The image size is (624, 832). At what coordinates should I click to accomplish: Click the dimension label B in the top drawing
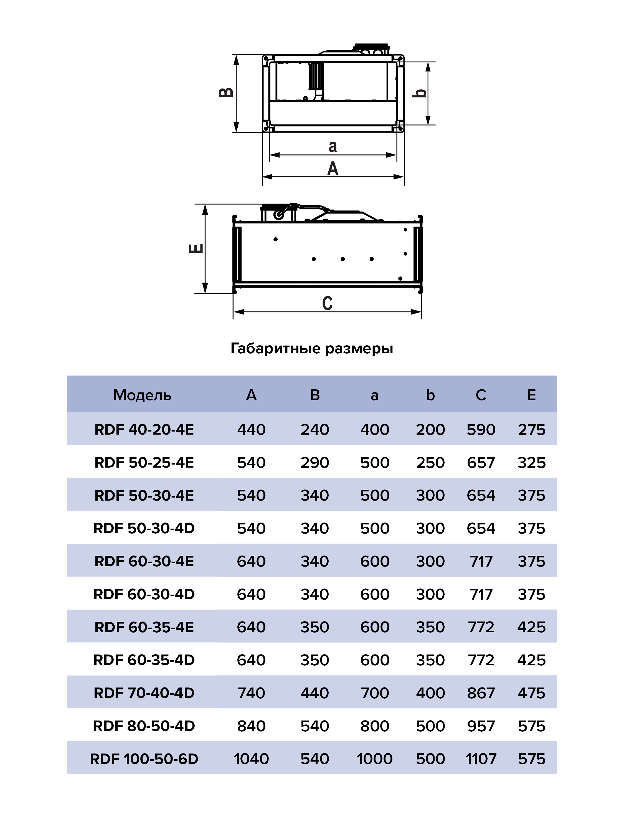coord(226,93)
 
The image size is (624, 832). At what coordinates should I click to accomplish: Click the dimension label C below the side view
coord(327,303)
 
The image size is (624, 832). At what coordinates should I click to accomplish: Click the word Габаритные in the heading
coord(275,349)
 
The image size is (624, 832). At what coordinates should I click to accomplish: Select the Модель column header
coord(142,395)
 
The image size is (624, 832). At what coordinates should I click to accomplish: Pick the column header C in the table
coord(481,395)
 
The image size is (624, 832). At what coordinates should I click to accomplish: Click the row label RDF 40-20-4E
coord(144,430)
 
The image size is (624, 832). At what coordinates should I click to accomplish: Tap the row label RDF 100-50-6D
coord(144,759)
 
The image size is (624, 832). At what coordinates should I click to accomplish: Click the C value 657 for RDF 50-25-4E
coord(481,463)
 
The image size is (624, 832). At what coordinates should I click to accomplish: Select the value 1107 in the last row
coord(481,759)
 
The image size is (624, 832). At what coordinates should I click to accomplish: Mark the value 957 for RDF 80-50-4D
coord(481,726)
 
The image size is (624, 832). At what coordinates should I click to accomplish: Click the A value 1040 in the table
coord(251,759)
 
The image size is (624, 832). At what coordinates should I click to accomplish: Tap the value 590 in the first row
coord(481,430)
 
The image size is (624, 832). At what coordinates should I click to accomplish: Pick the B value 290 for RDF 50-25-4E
coord(315,463)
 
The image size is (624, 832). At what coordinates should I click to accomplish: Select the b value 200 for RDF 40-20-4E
coord(430,430)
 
